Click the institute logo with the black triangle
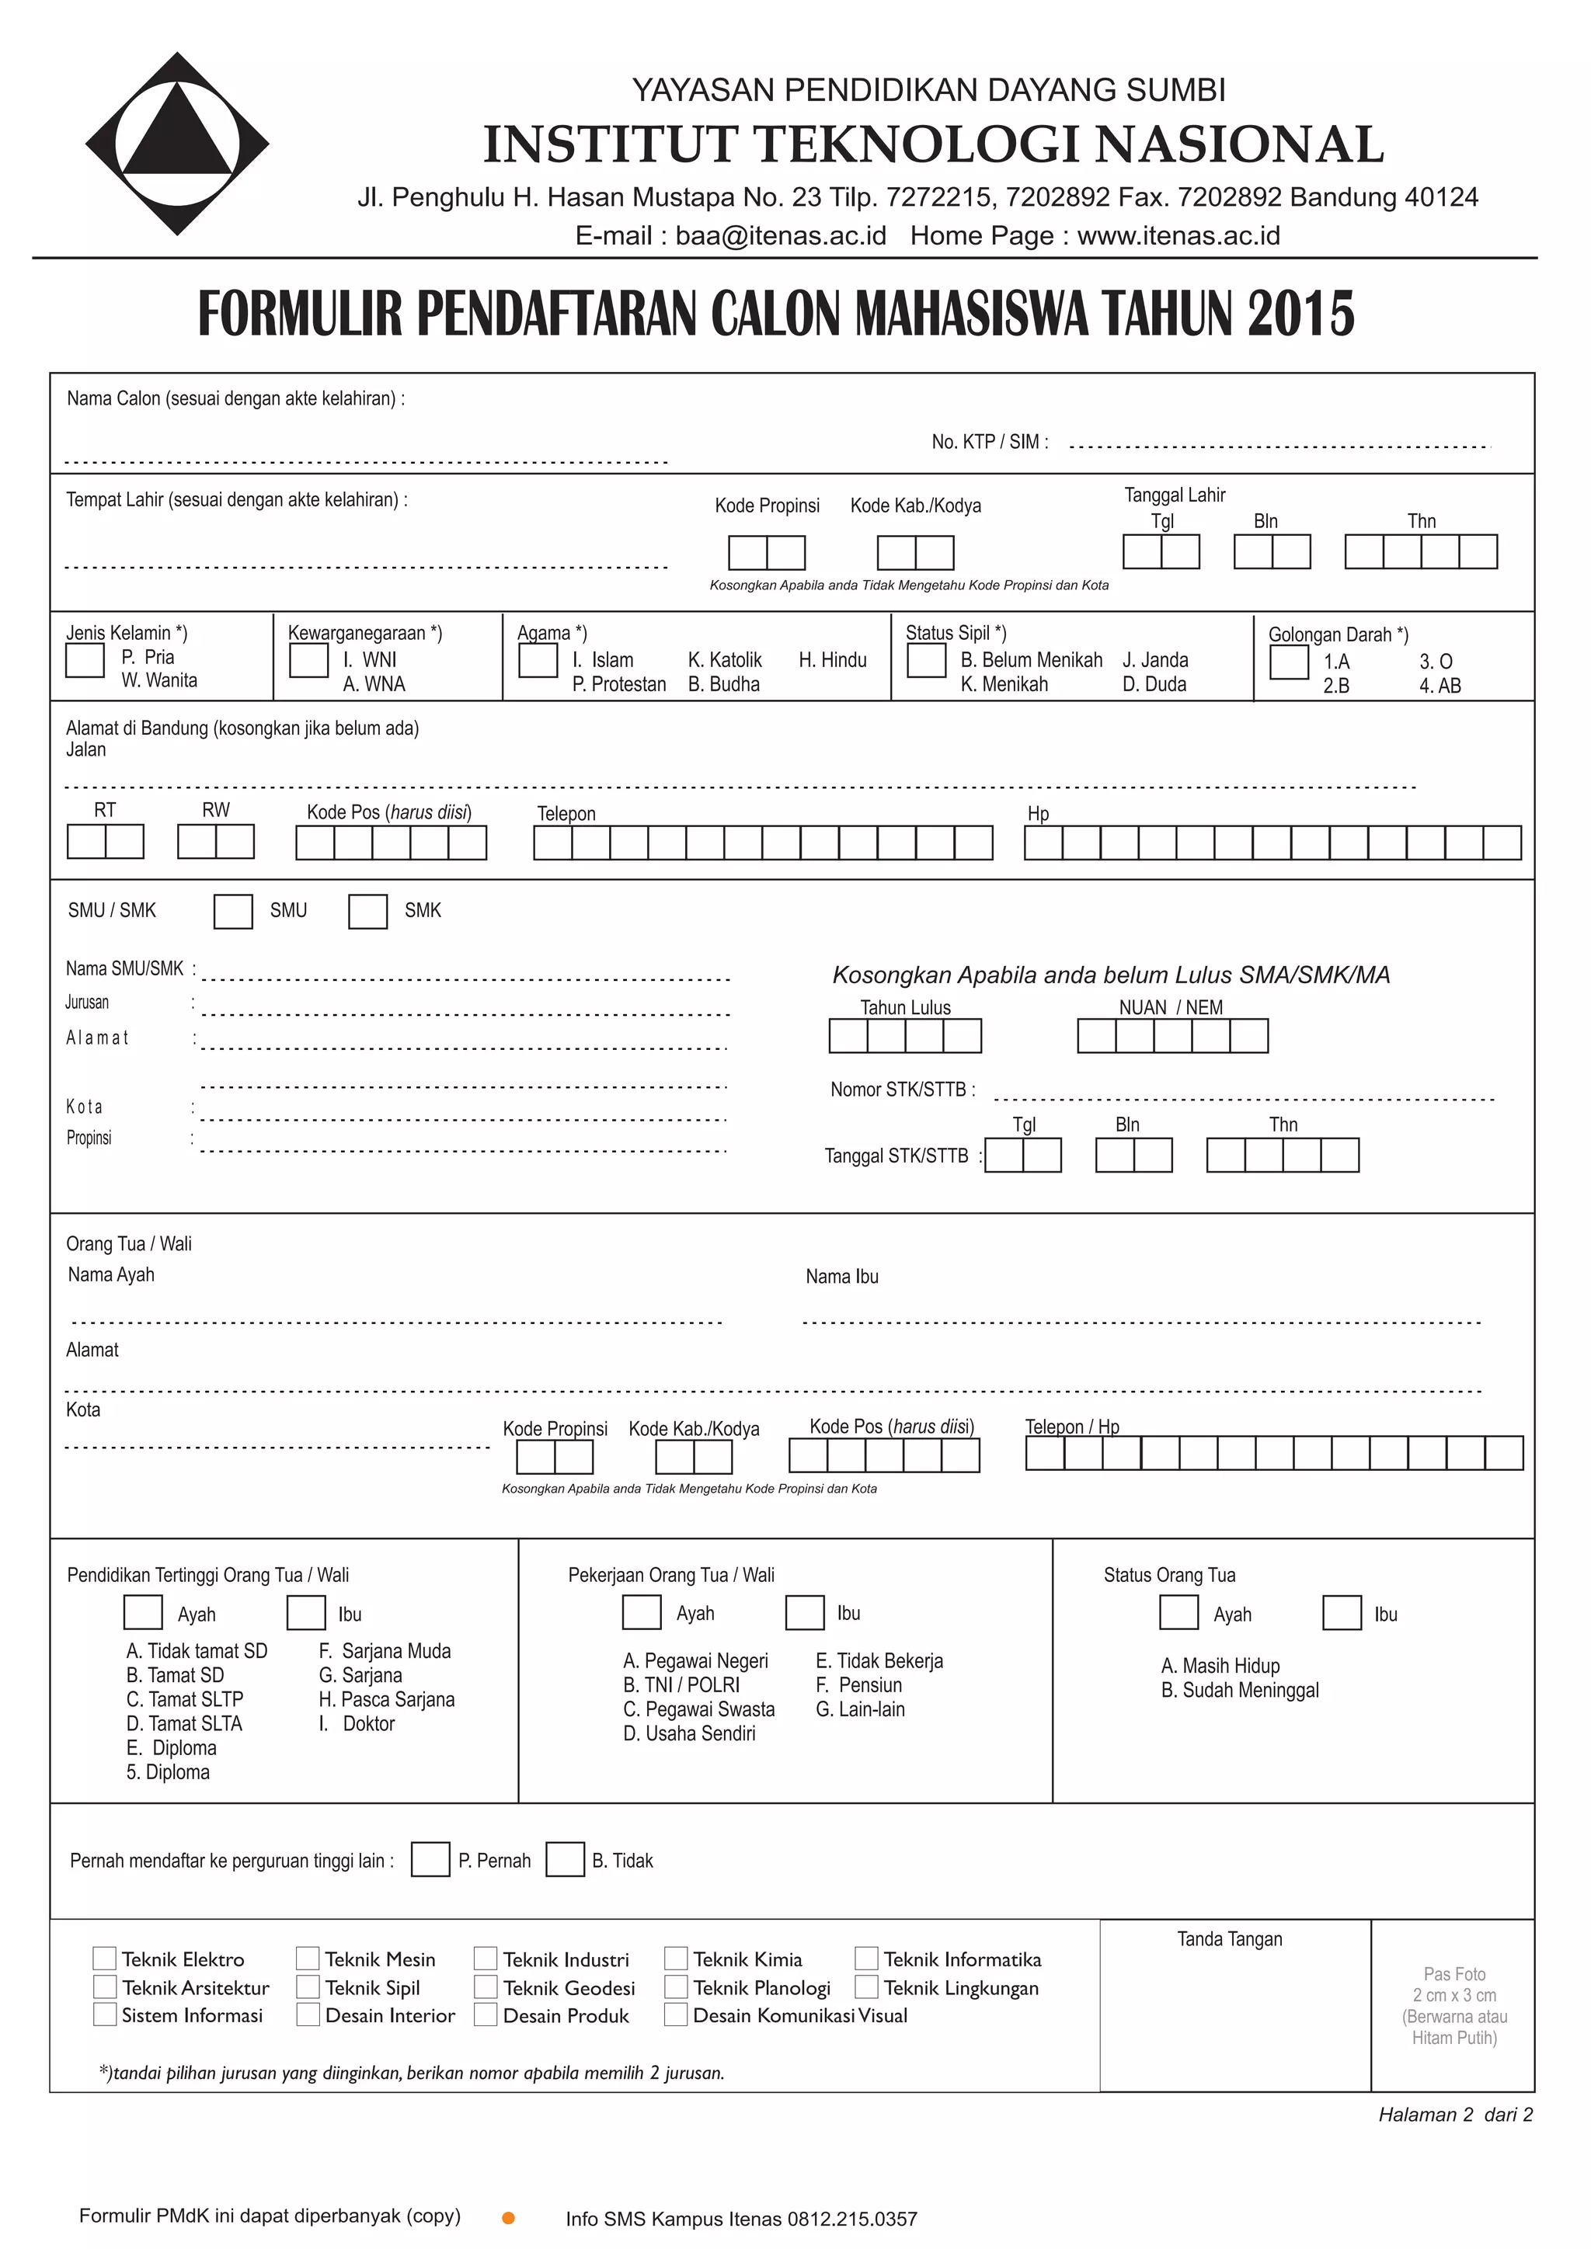point(177,144)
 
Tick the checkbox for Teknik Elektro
point(105,1958)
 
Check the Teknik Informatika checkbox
point(866,1958)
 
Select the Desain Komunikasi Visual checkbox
point(675,2015)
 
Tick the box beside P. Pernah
point(430,1859)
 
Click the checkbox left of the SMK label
point(367,911)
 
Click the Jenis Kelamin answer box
point(85,660)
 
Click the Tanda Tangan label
point(1230,1938)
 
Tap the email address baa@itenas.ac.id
point(780,236)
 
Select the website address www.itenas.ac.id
point(1178,236)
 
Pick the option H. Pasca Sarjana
point(386,1699)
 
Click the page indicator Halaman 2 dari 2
point(1455,2115)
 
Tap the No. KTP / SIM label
point(990,442)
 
